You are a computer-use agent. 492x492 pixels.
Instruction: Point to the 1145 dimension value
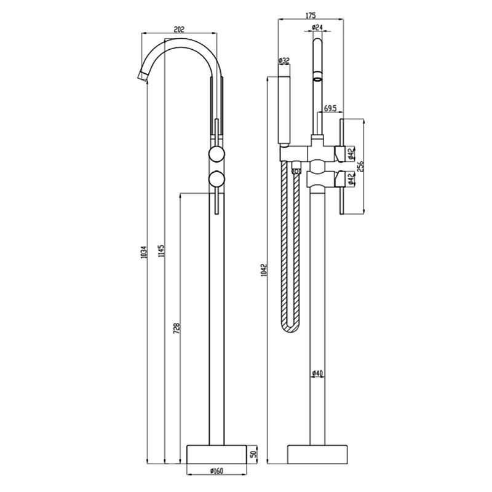coord(161,252)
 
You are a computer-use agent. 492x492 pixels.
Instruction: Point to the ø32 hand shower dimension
coord(284,60)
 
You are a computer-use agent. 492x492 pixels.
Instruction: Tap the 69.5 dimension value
coord(330,109)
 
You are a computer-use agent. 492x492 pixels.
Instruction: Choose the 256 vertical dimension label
coord(362,165)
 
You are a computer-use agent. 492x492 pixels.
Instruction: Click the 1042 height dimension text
coord(263,271)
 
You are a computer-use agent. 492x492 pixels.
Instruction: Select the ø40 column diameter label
coord(317,373)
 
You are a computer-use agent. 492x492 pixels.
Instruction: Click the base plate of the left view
coord(215,454)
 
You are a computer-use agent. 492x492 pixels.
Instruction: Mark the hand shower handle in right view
coord(285,111)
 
